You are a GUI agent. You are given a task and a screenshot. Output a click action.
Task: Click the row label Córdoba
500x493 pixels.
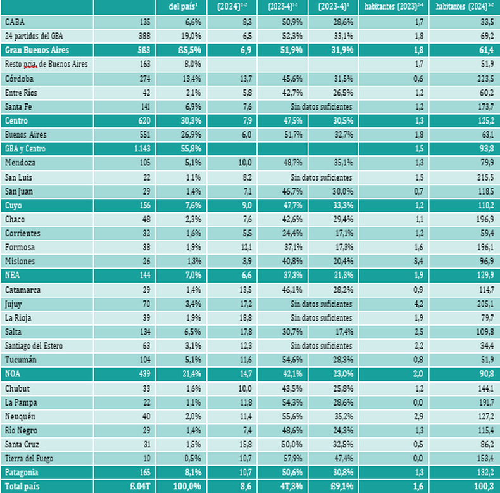[x=20, y=79]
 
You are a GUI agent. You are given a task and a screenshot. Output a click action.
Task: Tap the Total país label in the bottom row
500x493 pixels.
[x=23, y=486]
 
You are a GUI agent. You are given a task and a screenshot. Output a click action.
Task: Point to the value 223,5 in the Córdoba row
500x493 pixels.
[x=484, y=79]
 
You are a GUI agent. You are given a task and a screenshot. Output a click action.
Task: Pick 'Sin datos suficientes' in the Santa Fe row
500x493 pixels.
[x=320, y=106]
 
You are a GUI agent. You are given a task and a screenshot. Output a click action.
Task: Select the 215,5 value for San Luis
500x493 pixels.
[x=484, y=177]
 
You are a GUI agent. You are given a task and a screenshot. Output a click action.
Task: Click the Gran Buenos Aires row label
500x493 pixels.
[x=35, y=50]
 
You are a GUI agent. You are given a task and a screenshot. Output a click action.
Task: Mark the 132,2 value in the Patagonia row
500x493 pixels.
[x=484, y=473]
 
